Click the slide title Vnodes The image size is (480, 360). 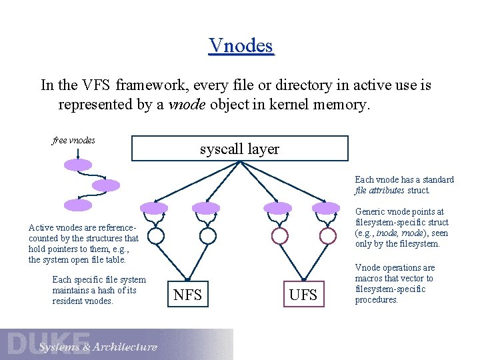pyautogui.click(x=241, y=45)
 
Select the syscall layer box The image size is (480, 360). pyautogui.click(x=239, y=149)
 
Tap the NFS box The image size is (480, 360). pyautogui.click(x=187, y=294)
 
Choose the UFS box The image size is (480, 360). pyautogui.click(x=303, y=294)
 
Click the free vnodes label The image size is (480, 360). pyautogui.click(x=73, y=140)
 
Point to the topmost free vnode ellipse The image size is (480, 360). pyautogui.click(x=78, y=165)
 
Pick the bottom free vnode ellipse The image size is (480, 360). pyautogui.click(x=78, y=205)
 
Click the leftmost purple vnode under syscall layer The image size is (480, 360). pyautogui.click(x=155, y=208)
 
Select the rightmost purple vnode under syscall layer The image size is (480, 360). pyautogui.click(x=327, y=208)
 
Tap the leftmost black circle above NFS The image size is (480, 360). pyautogui.click(x=155, y=235)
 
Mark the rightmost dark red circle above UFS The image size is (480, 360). pyautogui.click(x=327, y=235)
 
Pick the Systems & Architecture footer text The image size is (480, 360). pyautogui.click(x=98, y=347)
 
